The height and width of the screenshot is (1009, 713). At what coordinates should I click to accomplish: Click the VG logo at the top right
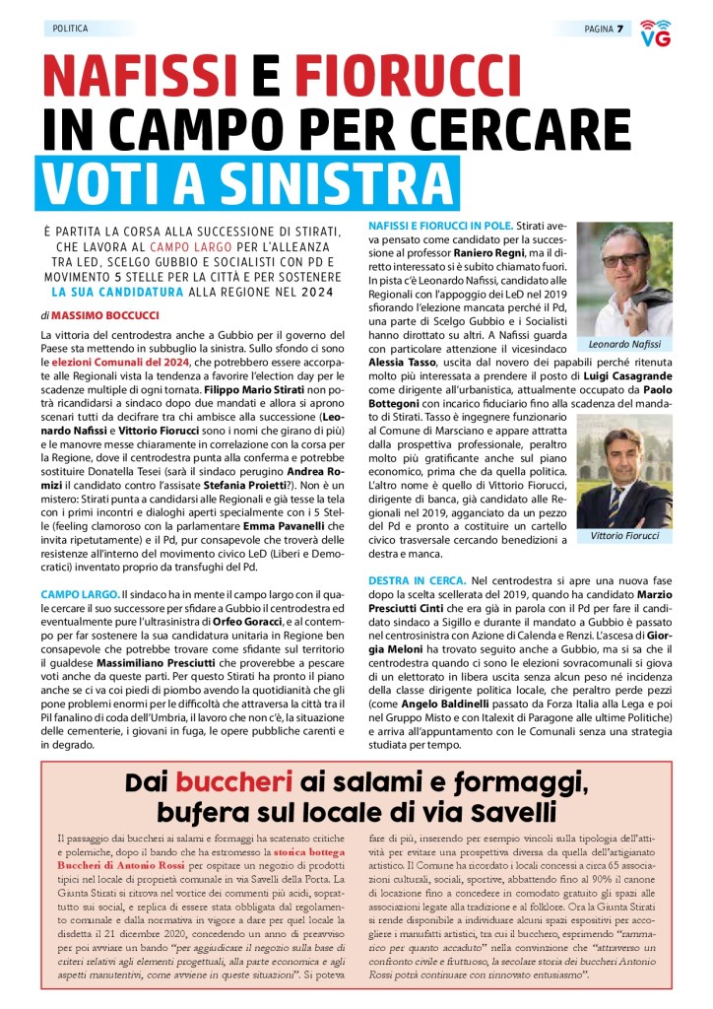655,33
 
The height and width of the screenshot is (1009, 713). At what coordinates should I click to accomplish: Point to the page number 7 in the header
619,29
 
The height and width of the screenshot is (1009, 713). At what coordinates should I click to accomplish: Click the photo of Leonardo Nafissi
623,280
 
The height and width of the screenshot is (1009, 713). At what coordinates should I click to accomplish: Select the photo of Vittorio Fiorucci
623,479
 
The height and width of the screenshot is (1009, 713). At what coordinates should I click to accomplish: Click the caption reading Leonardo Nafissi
624,344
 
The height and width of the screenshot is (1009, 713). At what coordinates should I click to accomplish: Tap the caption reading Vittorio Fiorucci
624,536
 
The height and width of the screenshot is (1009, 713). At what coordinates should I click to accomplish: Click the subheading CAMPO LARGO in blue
79,595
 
